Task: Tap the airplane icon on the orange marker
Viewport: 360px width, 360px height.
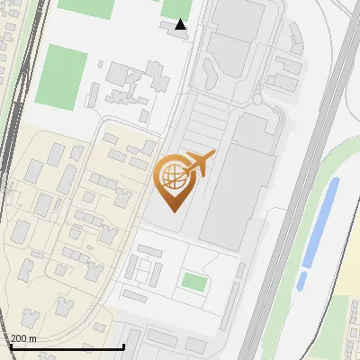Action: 199,164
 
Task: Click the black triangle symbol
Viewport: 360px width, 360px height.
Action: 181,25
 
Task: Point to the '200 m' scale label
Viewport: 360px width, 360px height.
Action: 24,338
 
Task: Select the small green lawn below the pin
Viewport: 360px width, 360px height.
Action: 193,282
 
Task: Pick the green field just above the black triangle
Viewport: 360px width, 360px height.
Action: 176,8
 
